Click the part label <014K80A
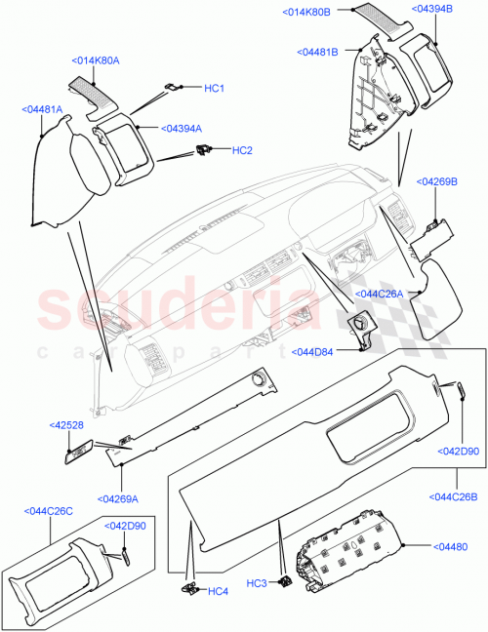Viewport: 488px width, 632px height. tap(96, 59)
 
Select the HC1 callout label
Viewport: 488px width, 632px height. tap(214, 89)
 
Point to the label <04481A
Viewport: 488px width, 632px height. tap(42, 110)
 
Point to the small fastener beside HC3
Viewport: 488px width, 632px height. tap(286, 582)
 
